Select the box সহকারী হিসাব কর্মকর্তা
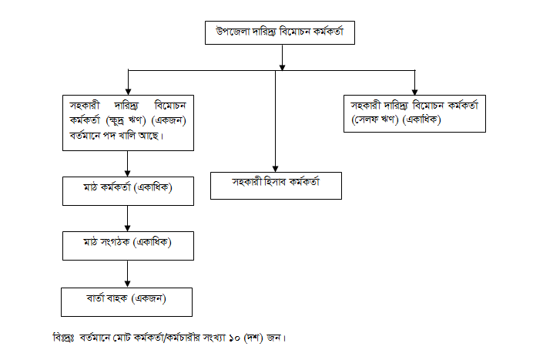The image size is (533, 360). point(276,184)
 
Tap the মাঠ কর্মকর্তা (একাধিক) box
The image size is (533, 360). point(127,190)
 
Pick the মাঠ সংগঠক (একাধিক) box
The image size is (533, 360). point(127,244)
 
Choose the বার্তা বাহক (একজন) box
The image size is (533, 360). point(127,298)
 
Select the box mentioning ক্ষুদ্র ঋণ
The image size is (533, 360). point(127,122)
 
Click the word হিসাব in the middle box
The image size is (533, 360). point(276,183)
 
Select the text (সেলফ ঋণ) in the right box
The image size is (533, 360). point(377,120)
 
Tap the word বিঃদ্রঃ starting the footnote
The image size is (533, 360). point(62,337)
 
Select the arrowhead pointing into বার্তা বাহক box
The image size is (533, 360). point(127,283)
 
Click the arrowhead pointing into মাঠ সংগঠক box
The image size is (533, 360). point(127,228)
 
